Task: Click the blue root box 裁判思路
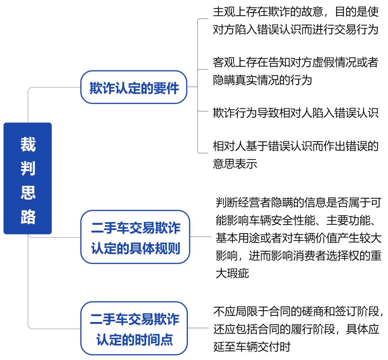point(28,179)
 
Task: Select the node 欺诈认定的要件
point(134,87)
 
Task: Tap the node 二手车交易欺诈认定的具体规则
point(135,237)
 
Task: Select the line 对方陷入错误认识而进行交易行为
point(295,30)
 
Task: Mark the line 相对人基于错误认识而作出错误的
point(295,146)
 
